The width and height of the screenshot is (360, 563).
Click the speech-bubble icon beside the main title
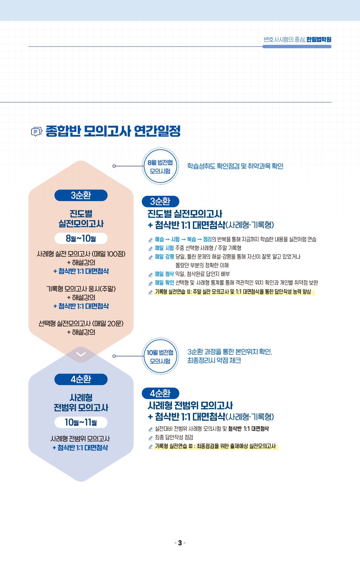(37, 132)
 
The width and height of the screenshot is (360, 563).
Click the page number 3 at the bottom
(180, 543)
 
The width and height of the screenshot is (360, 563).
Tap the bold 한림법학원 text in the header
(319, 39)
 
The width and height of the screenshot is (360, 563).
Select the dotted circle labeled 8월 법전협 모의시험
(160, 166)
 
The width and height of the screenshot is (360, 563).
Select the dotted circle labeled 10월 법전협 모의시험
(160, 356)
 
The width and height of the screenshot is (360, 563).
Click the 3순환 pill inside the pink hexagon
(81, 195)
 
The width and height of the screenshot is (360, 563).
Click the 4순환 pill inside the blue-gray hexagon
(81, 379)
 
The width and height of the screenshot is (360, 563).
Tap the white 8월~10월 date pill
(81, 238)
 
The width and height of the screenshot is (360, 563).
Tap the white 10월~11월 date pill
(81, 422)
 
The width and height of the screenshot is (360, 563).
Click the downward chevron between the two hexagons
(81, 354)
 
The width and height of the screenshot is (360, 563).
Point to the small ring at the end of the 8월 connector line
(114, 166)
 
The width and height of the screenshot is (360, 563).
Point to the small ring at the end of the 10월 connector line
(114, 356)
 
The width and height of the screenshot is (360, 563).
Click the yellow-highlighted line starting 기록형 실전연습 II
(234, 292)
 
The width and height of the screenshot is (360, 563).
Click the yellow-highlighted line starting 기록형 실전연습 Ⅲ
(216, 446)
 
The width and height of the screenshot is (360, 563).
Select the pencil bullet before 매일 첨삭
(150, 274)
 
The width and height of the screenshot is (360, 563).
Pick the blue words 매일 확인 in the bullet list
(164, 283)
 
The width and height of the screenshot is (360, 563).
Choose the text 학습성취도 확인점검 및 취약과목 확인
(235, 166)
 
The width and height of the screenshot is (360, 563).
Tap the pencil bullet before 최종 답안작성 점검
(150, 438)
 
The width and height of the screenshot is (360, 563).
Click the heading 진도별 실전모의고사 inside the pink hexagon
(81, 219)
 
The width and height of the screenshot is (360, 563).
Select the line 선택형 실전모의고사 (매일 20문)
(81, 324)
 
